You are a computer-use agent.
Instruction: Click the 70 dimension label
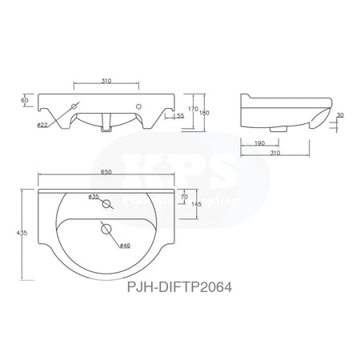185,195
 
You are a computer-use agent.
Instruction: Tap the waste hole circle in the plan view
106,230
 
